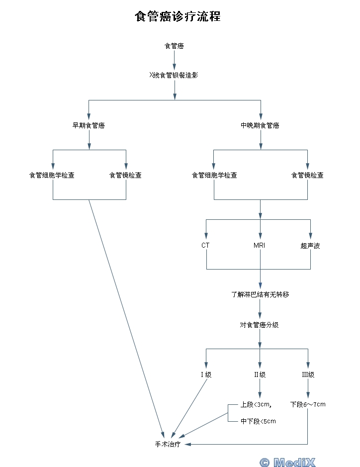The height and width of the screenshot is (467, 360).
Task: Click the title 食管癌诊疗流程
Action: (178, 17)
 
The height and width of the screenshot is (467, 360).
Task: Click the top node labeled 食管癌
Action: (175, 46)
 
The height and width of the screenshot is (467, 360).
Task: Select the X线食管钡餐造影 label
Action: (175, 76)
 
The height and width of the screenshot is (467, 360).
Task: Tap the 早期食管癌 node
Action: (89, 125)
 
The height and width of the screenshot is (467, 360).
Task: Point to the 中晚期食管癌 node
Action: (260, 125)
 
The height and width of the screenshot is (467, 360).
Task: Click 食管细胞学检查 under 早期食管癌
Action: (52, 175)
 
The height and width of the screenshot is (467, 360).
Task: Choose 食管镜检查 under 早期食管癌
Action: (125, 175)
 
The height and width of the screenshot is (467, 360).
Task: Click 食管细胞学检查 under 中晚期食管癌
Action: (214, 175)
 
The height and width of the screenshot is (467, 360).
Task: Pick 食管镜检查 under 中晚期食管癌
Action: (307, 175)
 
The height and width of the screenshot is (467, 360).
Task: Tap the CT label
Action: (205, 246)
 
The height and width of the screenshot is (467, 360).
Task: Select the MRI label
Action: (260, 246)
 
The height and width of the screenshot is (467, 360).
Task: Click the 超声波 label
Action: (310, 246)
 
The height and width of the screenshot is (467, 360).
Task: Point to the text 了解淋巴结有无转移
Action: (260, 294)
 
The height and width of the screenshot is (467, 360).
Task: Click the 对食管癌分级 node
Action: (260, 325)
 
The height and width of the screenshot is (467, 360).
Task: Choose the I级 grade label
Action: (206, 374)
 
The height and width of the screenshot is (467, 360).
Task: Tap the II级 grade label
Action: (260, 374)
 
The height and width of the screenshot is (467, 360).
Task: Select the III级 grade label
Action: (308, 374)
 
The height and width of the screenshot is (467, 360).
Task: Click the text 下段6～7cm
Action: (308, 404)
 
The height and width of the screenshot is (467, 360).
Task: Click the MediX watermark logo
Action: (287, 462)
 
